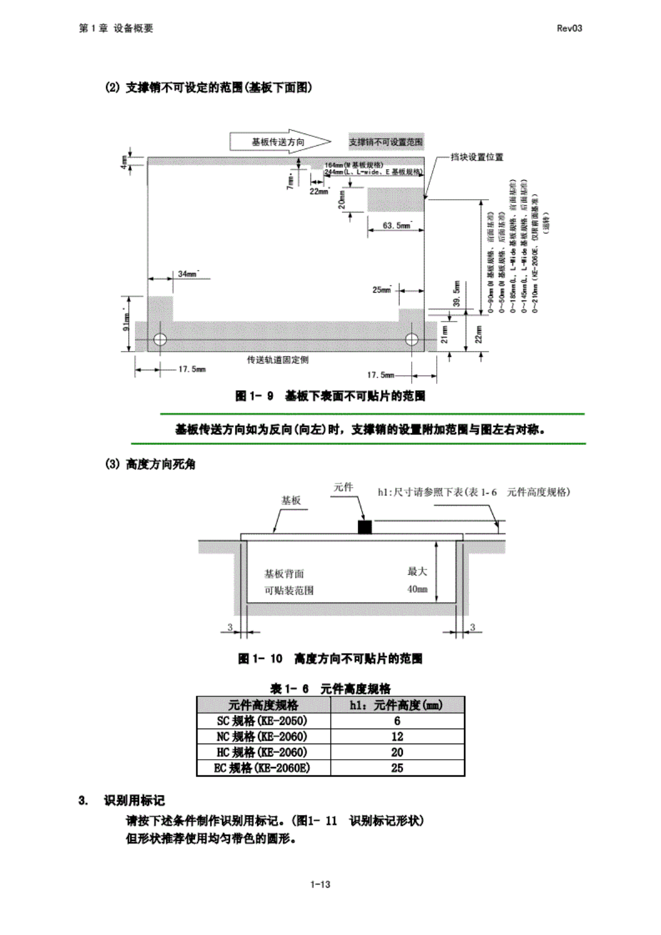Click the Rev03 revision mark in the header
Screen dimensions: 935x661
pos(569,28)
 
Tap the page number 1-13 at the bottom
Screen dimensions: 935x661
pos(320,884)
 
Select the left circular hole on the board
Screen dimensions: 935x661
pos(160,339)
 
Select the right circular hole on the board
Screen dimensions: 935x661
pos(412,339)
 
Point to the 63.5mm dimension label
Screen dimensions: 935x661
pos(396,226)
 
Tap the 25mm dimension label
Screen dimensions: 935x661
pos(382,290)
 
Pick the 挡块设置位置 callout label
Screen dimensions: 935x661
pos(477,157)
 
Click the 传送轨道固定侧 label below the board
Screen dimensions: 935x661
pos(278,360)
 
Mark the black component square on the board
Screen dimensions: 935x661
pos(364,527)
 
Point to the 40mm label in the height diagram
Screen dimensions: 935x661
pos(417,589)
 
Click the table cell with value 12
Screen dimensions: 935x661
pos(397,736)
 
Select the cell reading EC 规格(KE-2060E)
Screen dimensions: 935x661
pos(263,768)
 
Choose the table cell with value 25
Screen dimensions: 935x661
pos(397,768)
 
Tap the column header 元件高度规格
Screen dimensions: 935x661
pos(263,705)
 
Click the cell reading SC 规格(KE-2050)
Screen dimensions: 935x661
pos(263,721)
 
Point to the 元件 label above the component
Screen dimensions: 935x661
pos(343,487)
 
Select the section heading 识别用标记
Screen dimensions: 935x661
pos(134,800)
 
